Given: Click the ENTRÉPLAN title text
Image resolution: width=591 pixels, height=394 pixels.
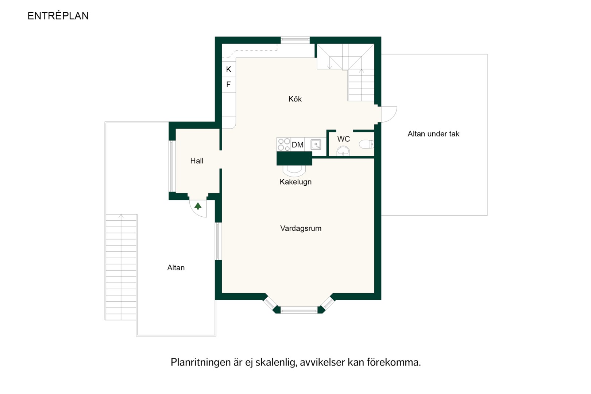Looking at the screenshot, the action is coord(58,16).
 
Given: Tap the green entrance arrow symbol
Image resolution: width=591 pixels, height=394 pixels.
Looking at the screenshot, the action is coord(198,206).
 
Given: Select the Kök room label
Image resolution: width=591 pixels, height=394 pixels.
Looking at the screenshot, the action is coord(295,99).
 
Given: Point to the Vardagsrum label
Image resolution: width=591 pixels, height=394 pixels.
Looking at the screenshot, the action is coord(301,228).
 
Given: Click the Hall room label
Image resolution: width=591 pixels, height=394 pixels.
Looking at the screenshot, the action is coord(197,161).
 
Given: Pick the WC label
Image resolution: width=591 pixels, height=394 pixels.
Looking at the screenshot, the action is coord(344,139).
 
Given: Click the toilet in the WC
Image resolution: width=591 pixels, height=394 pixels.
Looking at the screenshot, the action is coord(367,144).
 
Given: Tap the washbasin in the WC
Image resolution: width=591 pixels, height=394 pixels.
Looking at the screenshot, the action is coord(343,151).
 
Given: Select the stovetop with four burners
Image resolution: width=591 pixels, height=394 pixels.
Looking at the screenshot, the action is coord(284,144).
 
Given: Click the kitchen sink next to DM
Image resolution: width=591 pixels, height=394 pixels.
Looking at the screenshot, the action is coord(316,144).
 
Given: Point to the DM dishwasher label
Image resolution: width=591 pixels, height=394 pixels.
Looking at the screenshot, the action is coord(298,145).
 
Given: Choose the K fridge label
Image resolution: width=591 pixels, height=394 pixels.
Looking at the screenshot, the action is coord(229,69).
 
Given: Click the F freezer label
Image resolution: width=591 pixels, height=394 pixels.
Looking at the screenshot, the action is coord(228,84).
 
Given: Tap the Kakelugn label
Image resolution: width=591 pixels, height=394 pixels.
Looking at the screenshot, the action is coord(295,182).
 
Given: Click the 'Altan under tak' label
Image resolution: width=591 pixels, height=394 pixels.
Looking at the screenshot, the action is coord(433,134).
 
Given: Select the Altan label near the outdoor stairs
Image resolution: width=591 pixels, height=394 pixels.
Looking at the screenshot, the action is coord(176,268).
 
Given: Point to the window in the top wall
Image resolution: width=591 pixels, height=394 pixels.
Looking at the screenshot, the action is coord(295,40).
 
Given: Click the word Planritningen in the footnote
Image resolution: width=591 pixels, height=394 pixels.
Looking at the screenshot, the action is coord(201,362).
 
